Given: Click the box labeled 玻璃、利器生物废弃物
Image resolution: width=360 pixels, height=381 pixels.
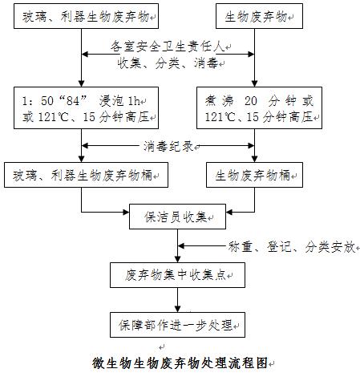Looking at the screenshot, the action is coord(86,16).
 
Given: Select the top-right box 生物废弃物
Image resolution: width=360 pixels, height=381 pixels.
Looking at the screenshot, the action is coord(259,16).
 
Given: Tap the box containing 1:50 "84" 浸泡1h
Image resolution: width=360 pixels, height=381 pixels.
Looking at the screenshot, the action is coord(86,107).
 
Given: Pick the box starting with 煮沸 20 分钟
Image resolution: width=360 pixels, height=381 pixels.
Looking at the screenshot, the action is coord(259,107).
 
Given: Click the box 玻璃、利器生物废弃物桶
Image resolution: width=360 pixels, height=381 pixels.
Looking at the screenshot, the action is coord(86,175).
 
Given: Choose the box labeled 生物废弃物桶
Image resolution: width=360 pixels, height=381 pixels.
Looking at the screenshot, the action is coord(254,175).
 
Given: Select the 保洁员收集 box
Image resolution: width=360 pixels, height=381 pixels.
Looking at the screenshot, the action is coord(177,217).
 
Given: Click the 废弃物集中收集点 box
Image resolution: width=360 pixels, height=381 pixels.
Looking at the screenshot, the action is coord(177,275).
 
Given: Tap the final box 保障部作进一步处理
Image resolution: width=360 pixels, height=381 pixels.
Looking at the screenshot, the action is coord(177,325).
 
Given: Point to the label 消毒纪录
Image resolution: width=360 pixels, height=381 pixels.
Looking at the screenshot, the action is coord(168,146).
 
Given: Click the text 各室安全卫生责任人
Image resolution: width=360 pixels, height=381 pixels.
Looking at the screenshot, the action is coord(168,47).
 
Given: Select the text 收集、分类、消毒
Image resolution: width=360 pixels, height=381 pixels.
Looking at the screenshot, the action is coord(168,63).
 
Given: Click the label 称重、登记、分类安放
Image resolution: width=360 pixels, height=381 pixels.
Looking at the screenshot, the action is coord(292,246).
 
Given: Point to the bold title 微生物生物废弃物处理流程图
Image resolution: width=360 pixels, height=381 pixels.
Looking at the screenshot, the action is coord(180,363).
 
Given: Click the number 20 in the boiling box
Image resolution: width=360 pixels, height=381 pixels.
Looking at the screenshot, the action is coord(251,101).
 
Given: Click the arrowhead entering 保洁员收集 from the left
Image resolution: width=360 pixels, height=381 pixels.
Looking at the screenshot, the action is coord(126,213).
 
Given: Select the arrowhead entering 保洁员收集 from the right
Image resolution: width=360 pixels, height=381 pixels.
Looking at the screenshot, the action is coord(229,213).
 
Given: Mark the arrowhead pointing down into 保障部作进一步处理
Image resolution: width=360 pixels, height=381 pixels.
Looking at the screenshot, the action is coord(177,309).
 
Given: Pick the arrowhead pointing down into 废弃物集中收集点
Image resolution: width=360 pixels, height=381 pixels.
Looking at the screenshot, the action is coord(177,259).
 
